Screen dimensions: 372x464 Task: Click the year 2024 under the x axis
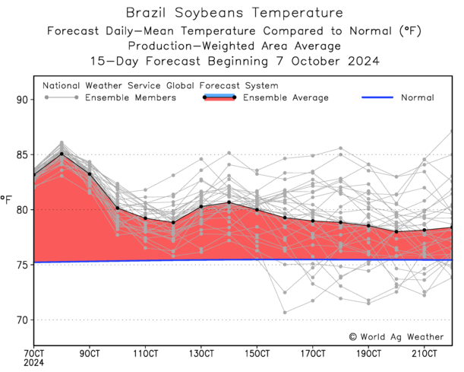coord(34,365)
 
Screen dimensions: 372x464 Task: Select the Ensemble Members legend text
coord(131,97)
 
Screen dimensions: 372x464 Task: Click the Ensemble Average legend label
coord(286,97)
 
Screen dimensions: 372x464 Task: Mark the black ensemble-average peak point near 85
coord(62,154)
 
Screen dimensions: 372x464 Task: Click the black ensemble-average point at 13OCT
coord(201,206)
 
